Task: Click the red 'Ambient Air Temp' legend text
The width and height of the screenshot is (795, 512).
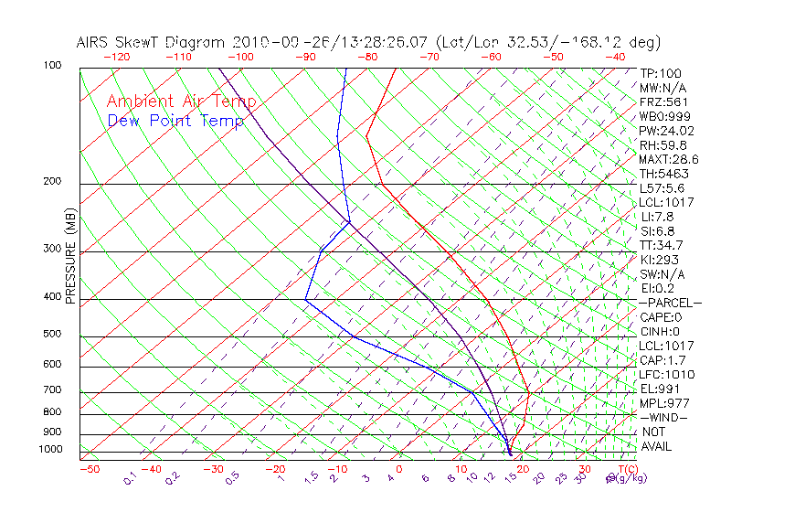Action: click(181, 101)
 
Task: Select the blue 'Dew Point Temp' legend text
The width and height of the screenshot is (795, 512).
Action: click(175, 121)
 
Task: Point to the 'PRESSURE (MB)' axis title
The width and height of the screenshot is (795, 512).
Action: click(70, 257)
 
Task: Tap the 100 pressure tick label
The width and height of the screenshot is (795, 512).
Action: click(52, 66)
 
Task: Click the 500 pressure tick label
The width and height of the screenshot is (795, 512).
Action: click(52, 335)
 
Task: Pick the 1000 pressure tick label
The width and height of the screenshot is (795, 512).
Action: click(50, 450)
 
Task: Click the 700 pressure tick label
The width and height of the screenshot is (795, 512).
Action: click(52, 390)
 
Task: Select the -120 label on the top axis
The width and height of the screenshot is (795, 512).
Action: click(116, 56)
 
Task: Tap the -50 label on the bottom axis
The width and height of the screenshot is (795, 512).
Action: click(89, 469)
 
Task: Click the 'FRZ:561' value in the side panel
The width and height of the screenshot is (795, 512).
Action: click(663, 102)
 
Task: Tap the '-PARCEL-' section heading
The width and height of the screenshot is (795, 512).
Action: click(670, 303)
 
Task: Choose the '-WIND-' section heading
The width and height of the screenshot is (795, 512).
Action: click(664, 417)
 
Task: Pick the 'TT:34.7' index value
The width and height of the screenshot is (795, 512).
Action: click(660, 245)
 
